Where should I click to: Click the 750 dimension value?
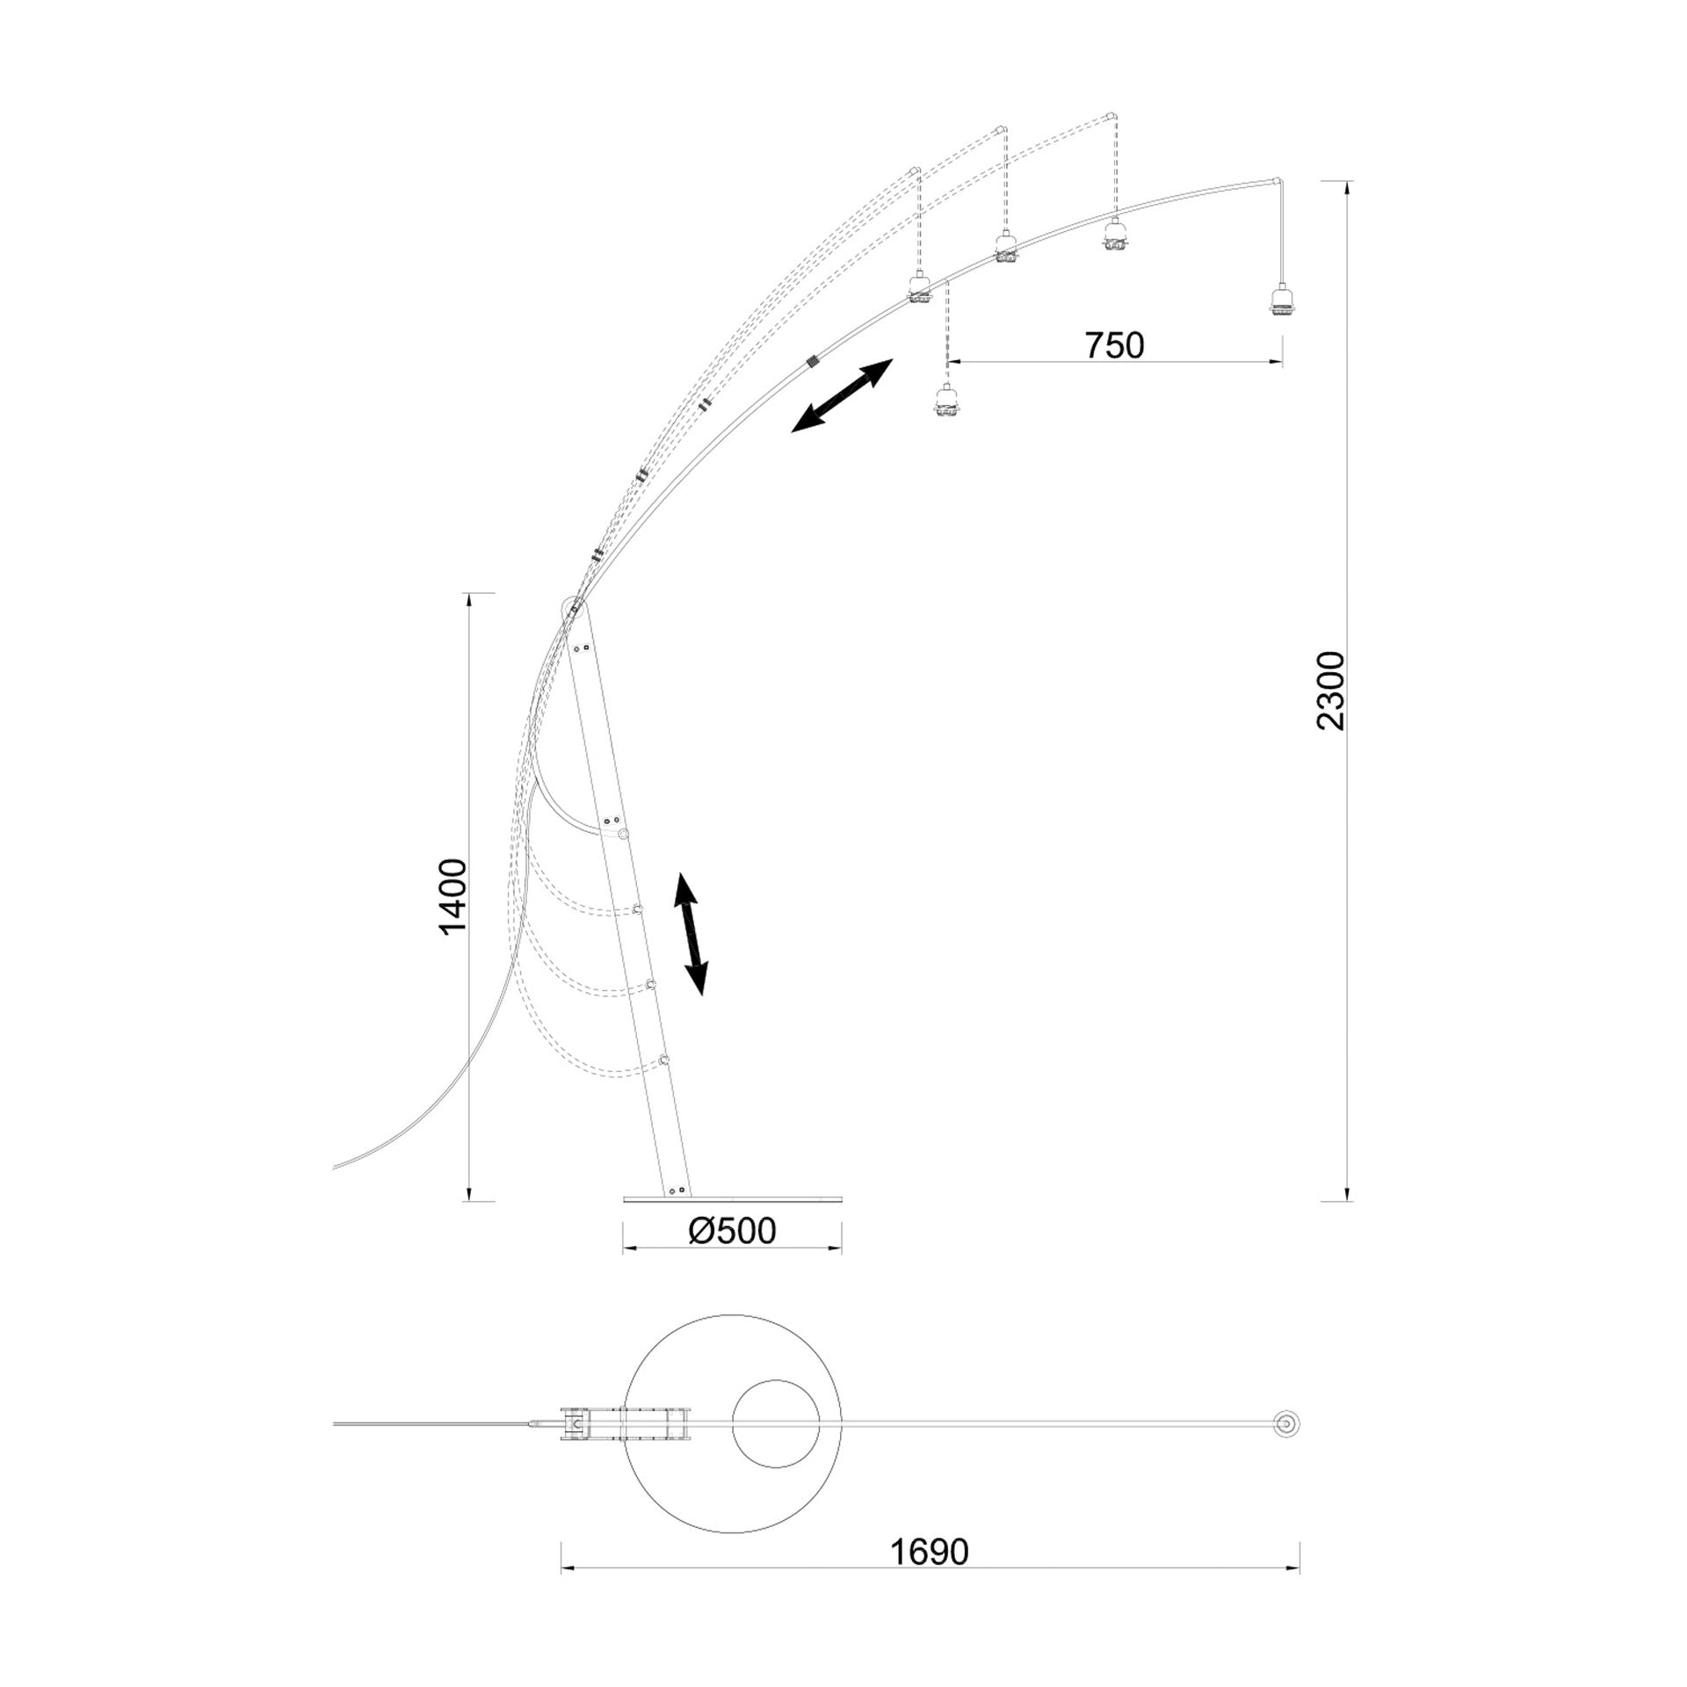[1115, 346]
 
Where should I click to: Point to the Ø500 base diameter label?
[732, 1231]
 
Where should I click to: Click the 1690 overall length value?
[930, 1553]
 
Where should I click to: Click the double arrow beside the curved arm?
[842, 395]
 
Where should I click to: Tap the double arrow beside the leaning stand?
[691, 934]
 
